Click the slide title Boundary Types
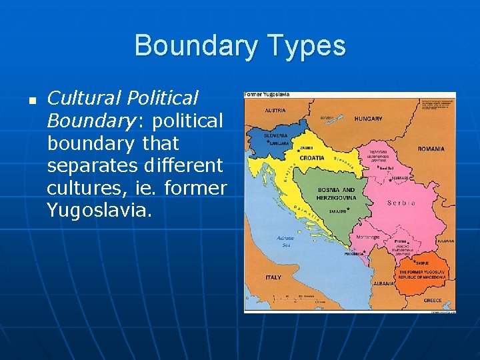point(240,46)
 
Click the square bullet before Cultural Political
point(31,101)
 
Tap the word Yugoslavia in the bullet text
point(99,211)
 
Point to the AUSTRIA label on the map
point(275,111)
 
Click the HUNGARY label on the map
point(368,119)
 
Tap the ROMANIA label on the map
point(431,149)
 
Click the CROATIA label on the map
point(312,158)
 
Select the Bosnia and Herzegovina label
point(337,193)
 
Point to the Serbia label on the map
point(401,203)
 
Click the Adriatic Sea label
point(285,241)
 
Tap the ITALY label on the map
point(273,277)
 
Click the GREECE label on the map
point(433,301)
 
